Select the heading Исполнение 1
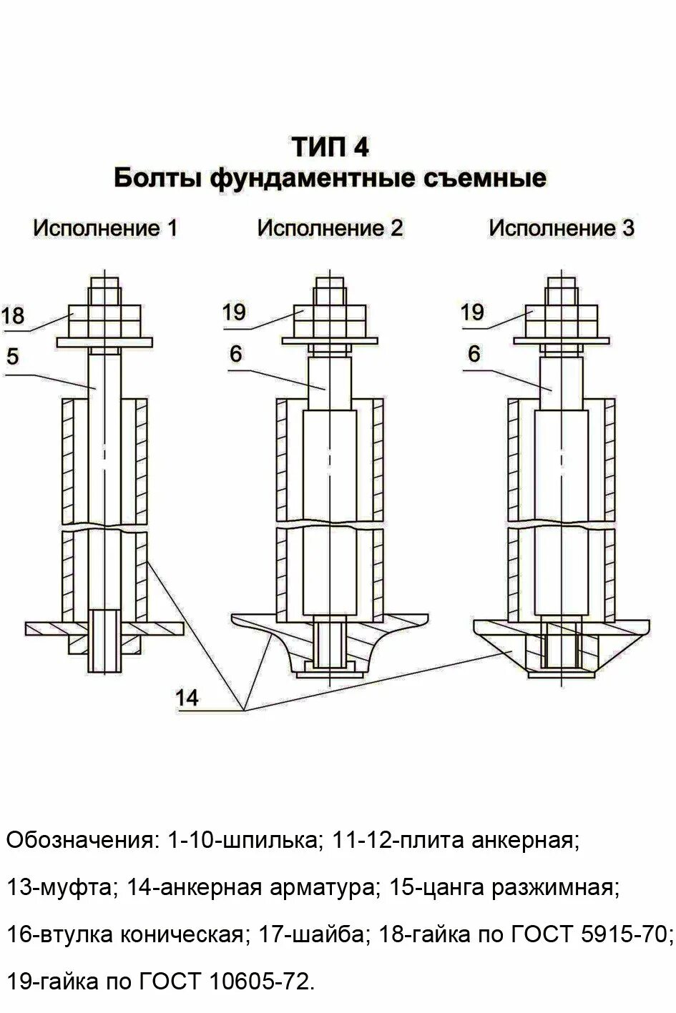(105, 228)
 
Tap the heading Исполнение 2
(330, 228)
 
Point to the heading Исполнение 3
(562, 228)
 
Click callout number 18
(13, 315)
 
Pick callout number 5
(12, 356)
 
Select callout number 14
(187, 698)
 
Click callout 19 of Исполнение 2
(234, 312)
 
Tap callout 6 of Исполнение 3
(474, 355)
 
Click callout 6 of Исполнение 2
(236, 354)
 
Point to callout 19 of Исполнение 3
(472, 312)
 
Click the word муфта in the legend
(72, 887)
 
